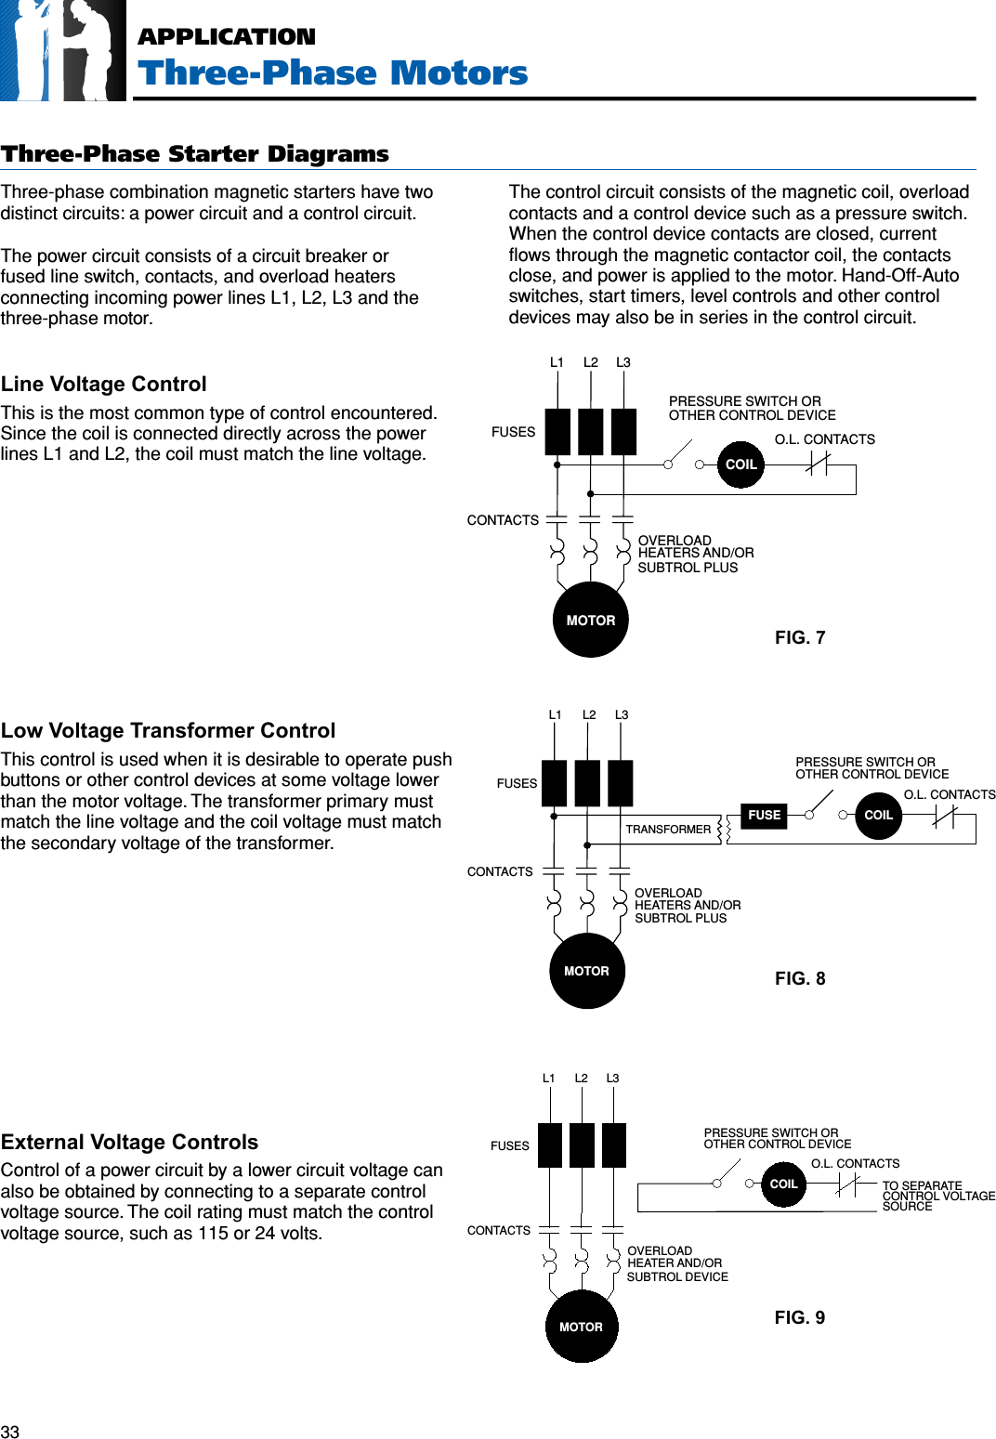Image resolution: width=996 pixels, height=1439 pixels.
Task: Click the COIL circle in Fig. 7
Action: (740, 464)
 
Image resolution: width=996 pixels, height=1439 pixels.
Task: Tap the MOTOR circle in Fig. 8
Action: (586, 971)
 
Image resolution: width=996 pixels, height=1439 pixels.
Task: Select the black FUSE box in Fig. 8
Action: (764, 816)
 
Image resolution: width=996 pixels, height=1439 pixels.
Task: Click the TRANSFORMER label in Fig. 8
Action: (668, 830)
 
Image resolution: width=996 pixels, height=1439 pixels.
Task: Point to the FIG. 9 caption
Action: (799, 1317)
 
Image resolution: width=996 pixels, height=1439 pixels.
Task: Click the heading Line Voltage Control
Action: (104, 385)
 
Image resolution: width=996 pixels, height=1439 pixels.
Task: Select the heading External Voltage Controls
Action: (130, 1142)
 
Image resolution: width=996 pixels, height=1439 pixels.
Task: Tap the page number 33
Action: (10, 1432)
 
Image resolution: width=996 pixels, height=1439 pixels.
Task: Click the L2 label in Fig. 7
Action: (591, 362)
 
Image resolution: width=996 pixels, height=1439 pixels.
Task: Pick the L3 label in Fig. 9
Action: (612, 1079)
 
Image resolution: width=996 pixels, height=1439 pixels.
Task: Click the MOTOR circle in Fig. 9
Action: (582, 1327)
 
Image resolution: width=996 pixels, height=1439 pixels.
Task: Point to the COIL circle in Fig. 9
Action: (783, 1184)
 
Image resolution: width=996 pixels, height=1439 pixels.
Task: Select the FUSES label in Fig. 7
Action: (513, 432)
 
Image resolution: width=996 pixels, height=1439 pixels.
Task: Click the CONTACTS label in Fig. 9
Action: (499, 1230)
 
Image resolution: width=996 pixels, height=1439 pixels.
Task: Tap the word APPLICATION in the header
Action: (227, 37)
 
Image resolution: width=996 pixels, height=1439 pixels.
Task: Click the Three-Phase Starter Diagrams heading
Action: (195, 154)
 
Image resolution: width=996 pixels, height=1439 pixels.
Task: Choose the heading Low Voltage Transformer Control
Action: (168, 731)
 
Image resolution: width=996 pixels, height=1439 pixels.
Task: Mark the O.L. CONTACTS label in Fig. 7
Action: (824, 439)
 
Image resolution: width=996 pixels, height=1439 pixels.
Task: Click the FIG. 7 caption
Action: (799, 637)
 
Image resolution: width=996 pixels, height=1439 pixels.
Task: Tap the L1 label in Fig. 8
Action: (555, 715)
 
